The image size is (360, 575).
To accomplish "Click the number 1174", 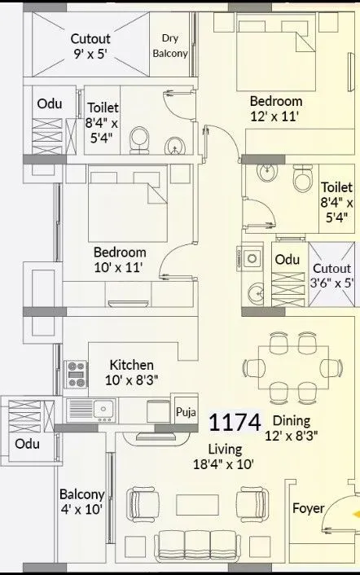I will click(235, 423).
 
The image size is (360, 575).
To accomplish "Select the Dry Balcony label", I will click(170, 46).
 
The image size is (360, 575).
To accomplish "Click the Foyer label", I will click(308, 509).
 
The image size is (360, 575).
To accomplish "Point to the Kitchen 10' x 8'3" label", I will click(131, 373).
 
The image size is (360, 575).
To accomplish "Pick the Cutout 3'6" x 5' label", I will click(331, 275).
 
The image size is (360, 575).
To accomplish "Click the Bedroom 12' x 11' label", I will click(276, 108).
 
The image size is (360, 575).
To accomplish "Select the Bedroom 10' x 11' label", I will click(119, 259).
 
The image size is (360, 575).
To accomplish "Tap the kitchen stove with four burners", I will click(77, 373).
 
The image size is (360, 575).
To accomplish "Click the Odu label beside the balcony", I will click(27, 443).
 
